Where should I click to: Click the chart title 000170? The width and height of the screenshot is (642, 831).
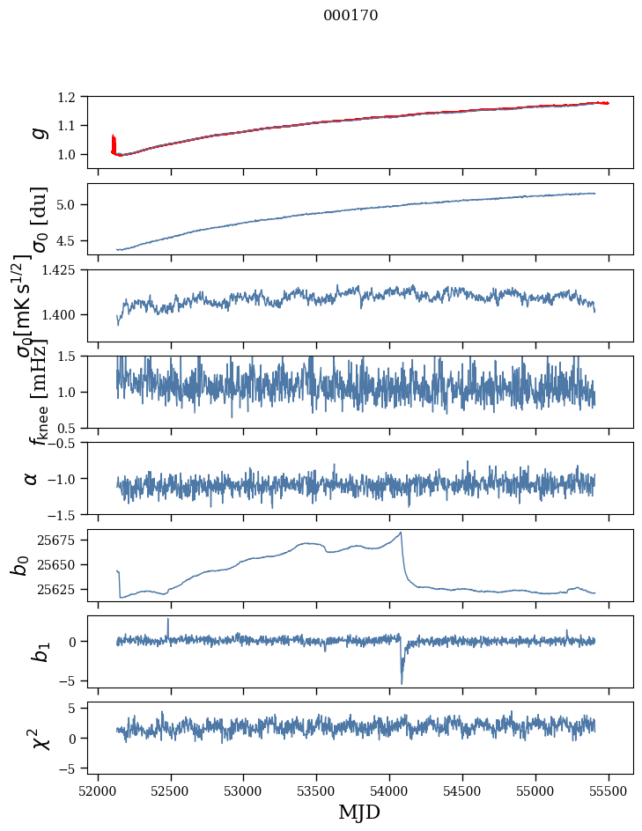coord(351,15)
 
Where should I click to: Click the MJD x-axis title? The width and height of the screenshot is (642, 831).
coord(359,812)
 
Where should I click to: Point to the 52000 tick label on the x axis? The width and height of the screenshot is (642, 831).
coord(98,790)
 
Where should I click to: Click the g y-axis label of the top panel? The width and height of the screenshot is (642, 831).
coord(38,132)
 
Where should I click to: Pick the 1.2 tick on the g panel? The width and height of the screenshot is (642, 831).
coord(74,97)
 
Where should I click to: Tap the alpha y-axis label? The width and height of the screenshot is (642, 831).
coord(32,478)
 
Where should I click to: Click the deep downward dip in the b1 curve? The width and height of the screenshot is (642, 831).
coord(402,682)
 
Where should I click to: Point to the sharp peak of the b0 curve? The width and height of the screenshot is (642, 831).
coord(401,533)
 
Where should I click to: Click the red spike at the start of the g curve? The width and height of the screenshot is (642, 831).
coord(114,141)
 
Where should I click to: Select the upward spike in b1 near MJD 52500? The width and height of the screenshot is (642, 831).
coord(168,620)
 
